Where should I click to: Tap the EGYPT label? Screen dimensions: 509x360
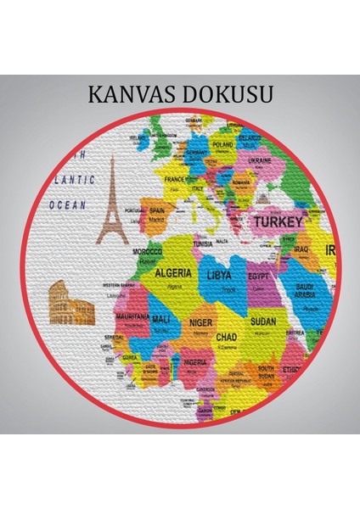pos(259,277)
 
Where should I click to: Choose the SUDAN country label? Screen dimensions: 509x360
pos(262,322)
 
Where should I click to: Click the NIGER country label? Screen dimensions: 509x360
pos(201,322)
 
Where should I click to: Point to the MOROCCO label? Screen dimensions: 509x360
pos(148,252)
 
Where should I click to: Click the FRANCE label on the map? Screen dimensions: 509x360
pos(174,180)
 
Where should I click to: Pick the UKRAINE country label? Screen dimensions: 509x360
pos(260,159)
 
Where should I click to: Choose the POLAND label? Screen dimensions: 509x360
pos(222,144)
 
